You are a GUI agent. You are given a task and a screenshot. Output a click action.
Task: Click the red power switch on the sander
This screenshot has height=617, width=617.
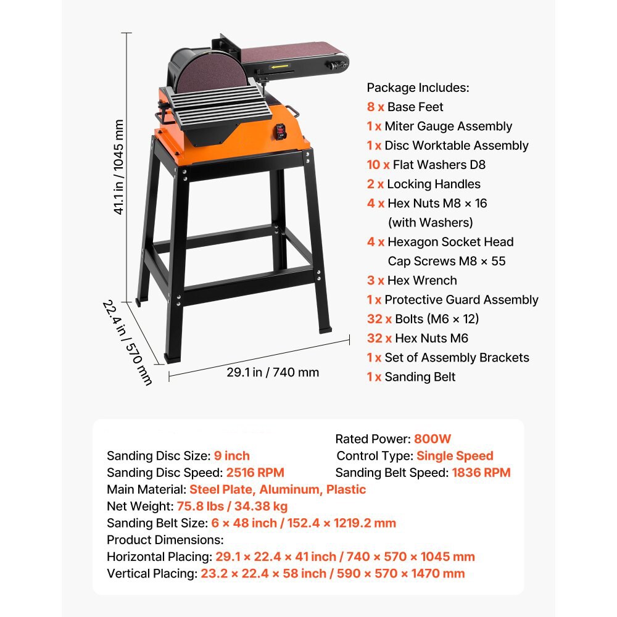[x=280, y=131]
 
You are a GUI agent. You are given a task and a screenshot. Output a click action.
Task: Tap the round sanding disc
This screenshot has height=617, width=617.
[x=211, y=73]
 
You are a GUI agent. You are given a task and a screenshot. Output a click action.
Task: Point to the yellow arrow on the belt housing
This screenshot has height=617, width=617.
[x=280, y=67]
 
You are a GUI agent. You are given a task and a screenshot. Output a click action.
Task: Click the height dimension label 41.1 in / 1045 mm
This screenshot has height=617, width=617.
[x=118, y=167]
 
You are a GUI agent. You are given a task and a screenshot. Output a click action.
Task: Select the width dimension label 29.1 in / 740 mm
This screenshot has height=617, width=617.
[x=273, y=372]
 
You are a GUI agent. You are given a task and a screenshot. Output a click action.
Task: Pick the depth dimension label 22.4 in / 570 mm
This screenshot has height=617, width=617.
[x=127, y=342]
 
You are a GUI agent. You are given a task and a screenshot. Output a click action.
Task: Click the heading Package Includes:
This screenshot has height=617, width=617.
[x=418, y=88]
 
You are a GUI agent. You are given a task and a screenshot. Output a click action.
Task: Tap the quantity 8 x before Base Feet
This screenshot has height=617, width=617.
[x=375, y=107]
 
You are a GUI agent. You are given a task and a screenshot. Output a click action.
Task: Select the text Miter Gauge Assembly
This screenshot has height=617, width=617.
[x=448, y=126]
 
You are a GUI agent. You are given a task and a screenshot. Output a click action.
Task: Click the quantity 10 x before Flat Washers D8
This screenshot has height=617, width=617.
[x=378, y=165]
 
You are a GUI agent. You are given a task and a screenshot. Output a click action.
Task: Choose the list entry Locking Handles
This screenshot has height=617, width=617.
[x=434, y=184]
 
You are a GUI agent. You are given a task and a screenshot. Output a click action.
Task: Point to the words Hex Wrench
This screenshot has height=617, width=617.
[x=422, y=280]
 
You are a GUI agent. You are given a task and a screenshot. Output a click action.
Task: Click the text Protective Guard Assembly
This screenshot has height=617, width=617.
[x=461, y=299]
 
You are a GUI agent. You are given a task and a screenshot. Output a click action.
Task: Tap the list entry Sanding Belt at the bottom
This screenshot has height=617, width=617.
[x=420, y=376]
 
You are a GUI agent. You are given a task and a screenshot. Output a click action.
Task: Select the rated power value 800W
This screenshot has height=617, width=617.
[x=433, y=439]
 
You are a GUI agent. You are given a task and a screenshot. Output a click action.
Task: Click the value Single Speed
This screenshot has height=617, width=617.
[x=455, y=456]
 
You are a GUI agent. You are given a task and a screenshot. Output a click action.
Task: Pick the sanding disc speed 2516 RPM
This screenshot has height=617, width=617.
[x=255, y=472]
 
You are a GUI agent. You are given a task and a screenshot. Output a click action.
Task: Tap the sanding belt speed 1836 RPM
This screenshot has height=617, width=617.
[x=481, y=472]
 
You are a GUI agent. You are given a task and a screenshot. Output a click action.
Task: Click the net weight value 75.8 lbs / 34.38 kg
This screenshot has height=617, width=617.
[x=232, y=506]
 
